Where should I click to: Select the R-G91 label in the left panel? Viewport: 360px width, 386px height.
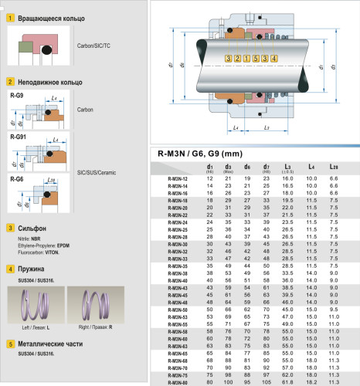tap(18, 137)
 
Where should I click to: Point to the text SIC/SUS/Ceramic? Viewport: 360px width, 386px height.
tap(97, 173)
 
